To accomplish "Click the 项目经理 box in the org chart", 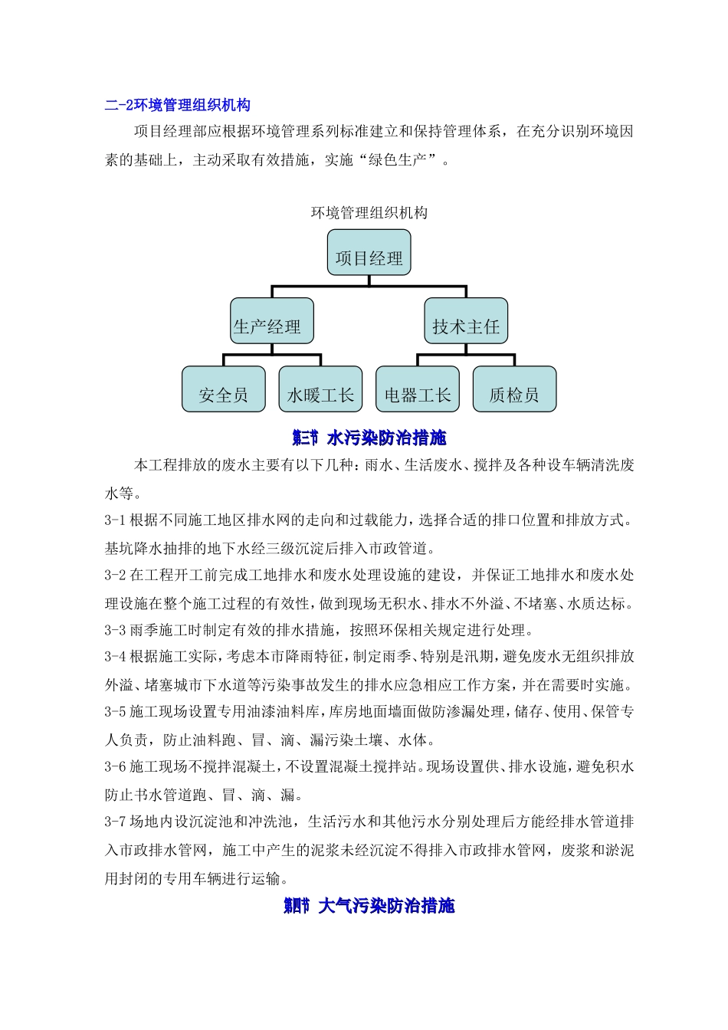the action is point(369,253).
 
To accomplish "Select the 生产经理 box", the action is point(271,321).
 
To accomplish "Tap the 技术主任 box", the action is point(466,321).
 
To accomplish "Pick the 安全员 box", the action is point(223,389).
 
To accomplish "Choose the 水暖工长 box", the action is point(320,389).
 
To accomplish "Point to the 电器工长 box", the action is point(418,389).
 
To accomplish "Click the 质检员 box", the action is point(514,389).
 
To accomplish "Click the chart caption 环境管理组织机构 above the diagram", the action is point(369,213).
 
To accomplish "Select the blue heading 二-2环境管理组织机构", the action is point(178,106).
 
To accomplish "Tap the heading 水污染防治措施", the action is point(386,438).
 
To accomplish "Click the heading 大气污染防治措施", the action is point(386,906).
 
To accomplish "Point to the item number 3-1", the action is point(115,520).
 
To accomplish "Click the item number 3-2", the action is point(115,576).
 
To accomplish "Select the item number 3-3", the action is point(115,631).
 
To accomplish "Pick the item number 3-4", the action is point(115,657).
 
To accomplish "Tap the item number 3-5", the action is point(115,712).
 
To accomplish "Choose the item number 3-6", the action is point(115,767).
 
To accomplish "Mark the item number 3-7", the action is point(115,822).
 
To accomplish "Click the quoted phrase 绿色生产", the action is point(399,160).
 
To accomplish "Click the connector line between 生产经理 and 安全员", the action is point(224,359).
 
